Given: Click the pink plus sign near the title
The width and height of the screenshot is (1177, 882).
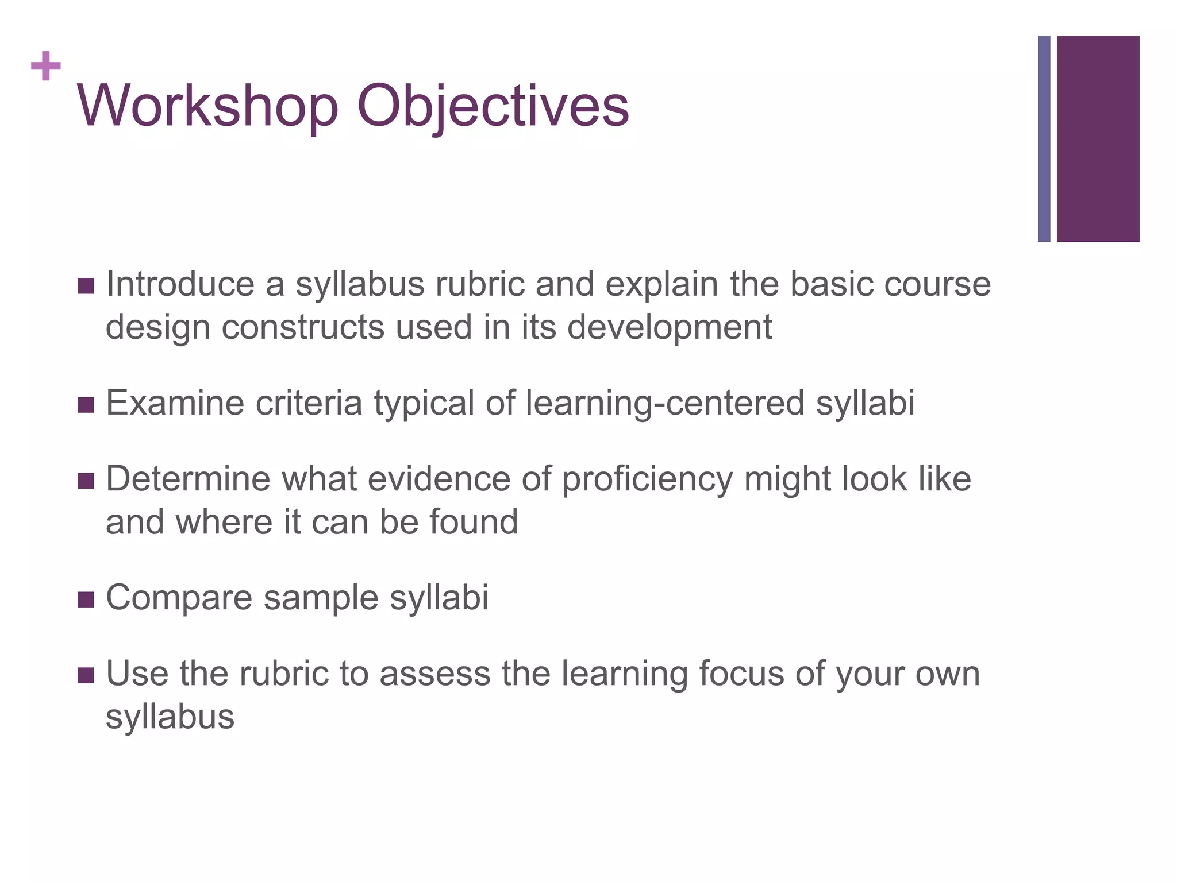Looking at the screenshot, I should pyautogui.click(x=46, y=66).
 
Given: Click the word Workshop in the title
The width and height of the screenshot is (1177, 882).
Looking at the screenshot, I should pyautogui.click(x=207, y=106).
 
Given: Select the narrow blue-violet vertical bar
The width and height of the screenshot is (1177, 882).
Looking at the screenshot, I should pyautogui.click(x=1044, y=139).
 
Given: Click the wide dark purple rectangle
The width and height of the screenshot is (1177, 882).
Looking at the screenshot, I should pyautogui.click(x=1098, y=139).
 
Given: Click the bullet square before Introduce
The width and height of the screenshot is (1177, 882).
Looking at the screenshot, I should pyautogui.click(x=86, y=285).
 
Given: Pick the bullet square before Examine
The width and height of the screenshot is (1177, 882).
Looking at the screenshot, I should pyautogui.click(x=86, y=404).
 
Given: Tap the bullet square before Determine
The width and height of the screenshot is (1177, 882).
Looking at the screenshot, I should pyautogui.click(x=86, y=480).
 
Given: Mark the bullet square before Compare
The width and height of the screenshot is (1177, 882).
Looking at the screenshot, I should pyautogui.click(x=86, y=599).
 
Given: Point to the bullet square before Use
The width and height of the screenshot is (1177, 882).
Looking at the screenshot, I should pyautogui.click(x=86, y=675).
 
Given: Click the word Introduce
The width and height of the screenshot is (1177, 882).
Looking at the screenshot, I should pyautogui.click(x=180, y=284).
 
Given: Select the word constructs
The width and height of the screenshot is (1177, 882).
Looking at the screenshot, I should pyautogui.click(x=303, y=327).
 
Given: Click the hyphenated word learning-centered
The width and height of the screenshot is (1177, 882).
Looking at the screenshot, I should pyautogui.click(x=665, y=403).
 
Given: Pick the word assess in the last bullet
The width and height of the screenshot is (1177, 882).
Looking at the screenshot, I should pyautogui.click(x=434, y=674).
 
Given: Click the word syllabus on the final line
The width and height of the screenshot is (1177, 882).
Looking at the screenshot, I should pyautogui.click(x=170, y=717).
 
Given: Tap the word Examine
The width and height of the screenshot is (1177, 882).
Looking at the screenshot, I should pyautogui.click(x=175, y=403).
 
